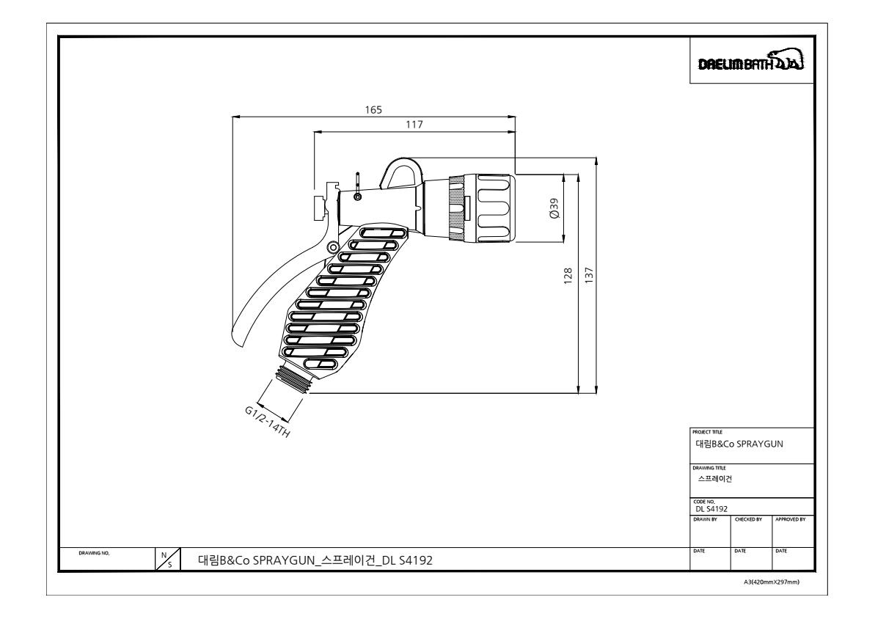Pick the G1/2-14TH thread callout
267,424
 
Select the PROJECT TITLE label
703,433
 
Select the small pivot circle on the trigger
333,246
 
